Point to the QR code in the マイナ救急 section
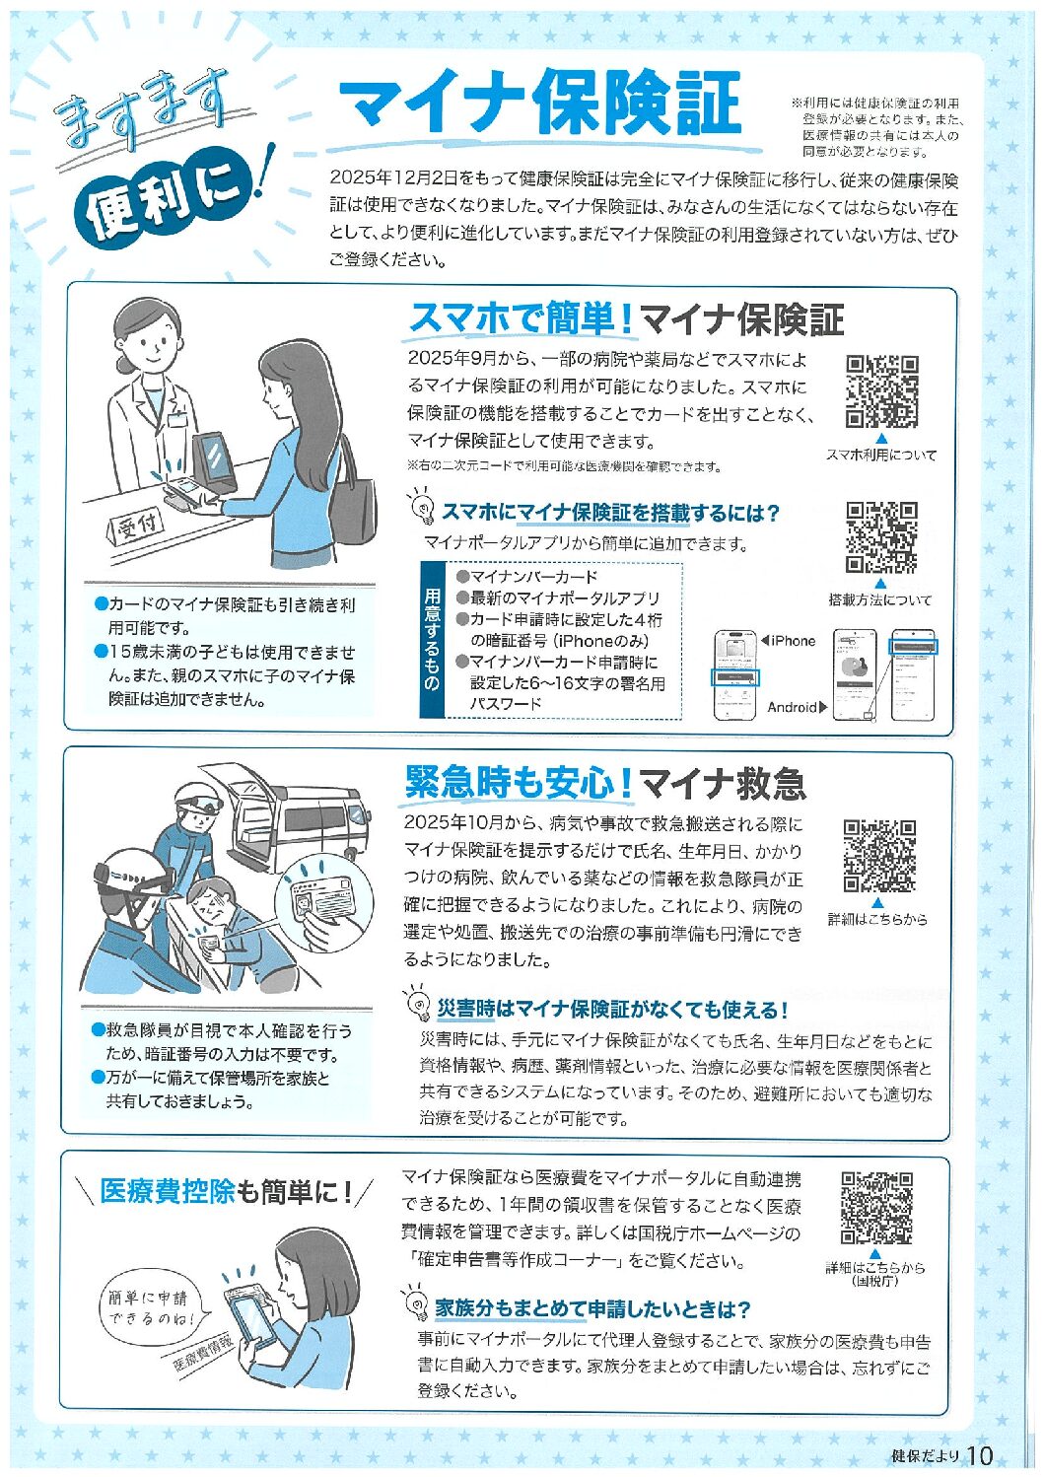[880, 857]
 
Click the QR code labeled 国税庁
[876, 1209]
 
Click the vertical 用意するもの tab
[432, 640]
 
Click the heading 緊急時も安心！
[519, 783]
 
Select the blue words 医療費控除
[168, 1191]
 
